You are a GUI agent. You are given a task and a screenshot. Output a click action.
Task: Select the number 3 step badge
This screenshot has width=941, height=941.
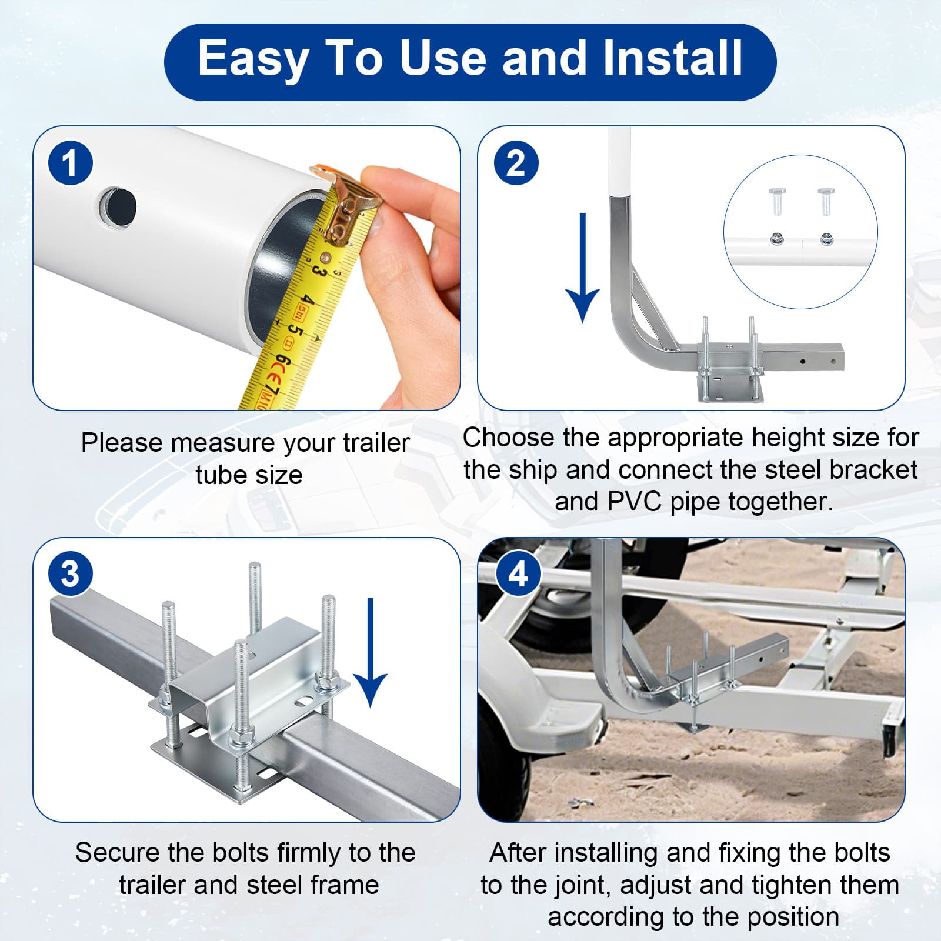click(70, 573)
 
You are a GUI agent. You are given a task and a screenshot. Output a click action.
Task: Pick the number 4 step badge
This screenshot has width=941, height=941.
click(518, 573)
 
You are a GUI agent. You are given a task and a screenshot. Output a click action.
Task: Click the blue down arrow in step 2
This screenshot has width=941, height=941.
click(582, 268)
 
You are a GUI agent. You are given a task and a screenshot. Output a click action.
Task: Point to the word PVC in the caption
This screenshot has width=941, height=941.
click(635, 502)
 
